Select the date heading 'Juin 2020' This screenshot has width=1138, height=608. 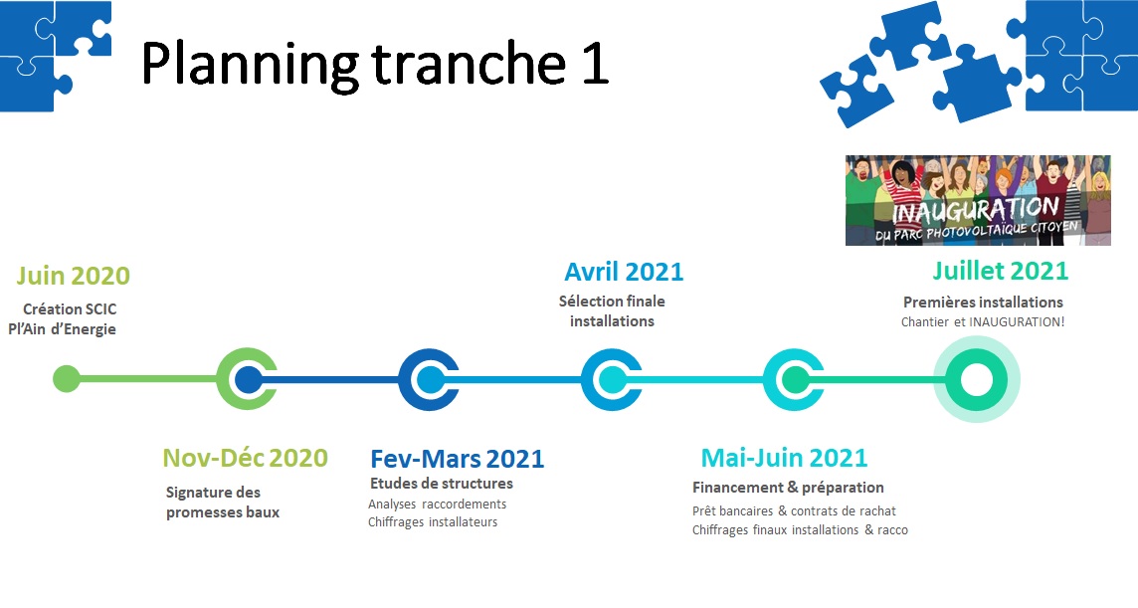(73, 275)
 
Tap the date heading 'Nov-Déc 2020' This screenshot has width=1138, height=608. (245, 458)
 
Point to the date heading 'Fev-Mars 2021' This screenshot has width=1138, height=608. (457, 459)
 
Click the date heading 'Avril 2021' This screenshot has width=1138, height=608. (624, 271)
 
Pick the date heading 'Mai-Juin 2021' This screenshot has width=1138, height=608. (784, 458)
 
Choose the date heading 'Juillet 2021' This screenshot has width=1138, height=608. (1000, 270)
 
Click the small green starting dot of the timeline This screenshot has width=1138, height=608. (66, 379)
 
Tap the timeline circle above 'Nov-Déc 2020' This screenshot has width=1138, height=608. (247, 379)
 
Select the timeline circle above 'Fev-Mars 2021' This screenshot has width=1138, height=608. (429, 379)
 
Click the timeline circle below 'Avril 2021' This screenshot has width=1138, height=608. (612, 379)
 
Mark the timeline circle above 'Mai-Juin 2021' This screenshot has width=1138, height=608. (794, 379)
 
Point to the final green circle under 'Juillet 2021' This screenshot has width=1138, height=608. (976, 379)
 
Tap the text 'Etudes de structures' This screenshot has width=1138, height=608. (441, 484)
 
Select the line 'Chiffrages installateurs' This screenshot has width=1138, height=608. (433, 521)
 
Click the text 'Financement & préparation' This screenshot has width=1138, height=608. (788, 488)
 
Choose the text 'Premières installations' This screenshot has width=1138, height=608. (983, 302)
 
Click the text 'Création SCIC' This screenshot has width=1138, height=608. (70, 309)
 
